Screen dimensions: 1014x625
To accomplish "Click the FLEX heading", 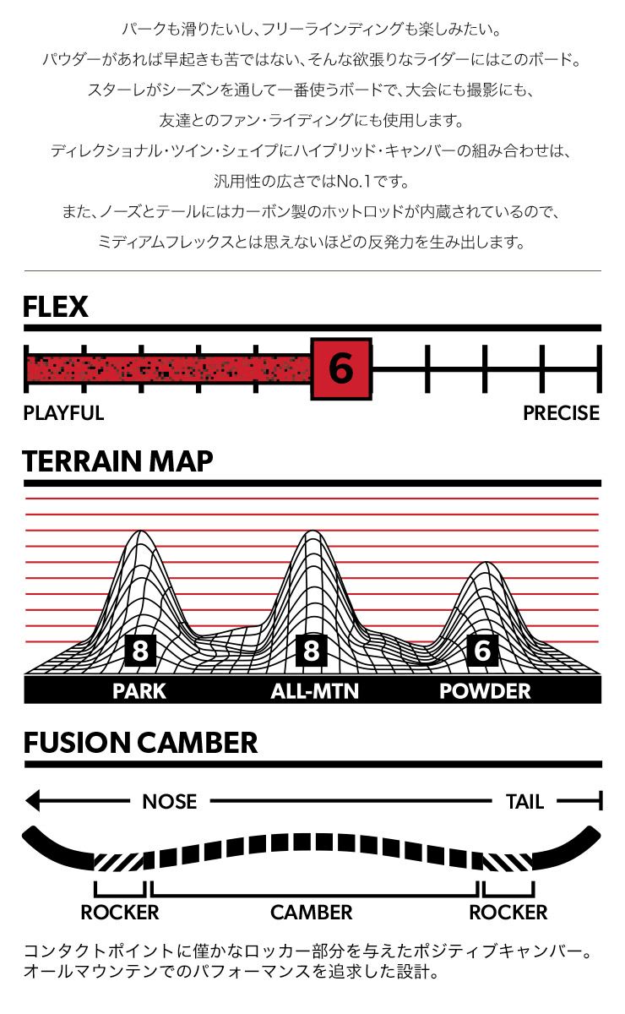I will tap(56, 307).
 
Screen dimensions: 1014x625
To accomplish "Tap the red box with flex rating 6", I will tap(340, 368).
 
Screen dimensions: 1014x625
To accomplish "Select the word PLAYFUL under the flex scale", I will tap(63, 413).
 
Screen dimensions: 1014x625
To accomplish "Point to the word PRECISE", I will tap(561, 413).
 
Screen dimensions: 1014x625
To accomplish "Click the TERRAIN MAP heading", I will tap(117, 461).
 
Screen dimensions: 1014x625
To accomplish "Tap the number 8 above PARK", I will tap(139, 651).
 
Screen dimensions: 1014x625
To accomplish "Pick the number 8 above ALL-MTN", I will tap(311, 651).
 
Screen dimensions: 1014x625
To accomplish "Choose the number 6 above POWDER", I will tap(482, 651).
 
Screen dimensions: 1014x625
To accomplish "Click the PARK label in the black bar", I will tap(139, 691).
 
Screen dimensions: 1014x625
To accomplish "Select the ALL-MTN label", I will tap(314, 691).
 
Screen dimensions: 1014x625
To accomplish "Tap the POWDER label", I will tap(485, 691).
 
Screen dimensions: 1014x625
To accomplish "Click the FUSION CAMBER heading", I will tap(140, 744).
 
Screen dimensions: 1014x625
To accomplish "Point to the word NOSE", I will tap(169, 801).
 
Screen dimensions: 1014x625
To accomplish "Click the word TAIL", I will tap(524, 801).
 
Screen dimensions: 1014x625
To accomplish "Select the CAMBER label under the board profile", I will tap(312, 913).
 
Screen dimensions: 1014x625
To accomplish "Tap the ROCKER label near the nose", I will tap(119, 913).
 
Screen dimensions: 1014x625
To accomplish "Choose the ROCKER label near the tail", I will tap(508, 913).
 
